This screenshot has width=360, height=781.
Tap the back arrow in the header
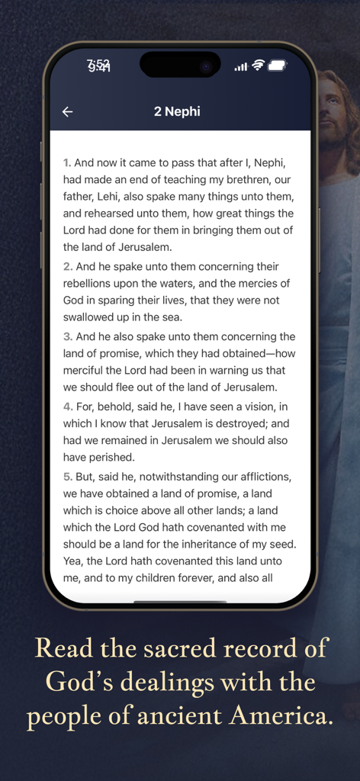68,112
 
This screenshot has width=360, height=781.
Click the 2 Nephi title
177,111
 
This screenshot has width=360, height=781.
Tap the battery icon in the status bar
277,66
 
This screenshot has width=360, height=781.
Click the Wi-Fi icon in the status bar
258,66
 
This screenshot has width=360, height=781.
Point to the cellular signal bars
241,66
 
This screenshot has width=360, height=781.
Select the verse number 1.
67,162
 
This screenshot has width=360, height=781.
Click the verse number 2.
68,267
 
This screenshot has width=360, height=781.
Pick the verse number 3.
68,337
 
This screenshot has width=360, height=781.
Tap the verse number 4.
68,407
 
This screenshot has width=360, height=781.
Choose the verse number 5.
68,477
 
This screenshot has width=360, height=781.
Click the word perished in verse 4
111,458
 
